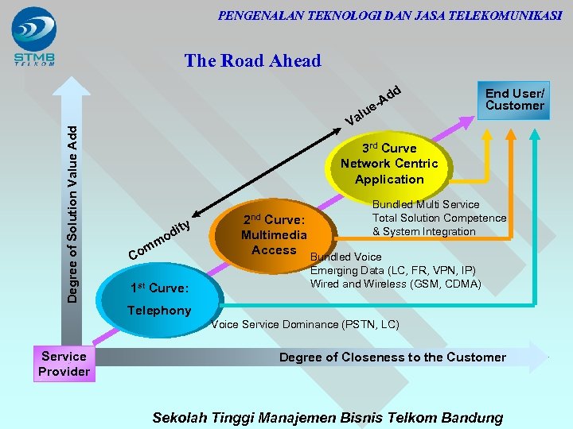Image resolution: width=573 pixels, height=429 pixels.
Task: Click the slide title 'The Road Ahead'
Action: click(x=252, y=60)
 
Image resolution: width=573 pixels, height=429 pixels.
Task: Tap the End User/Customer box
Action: click(x=514, y=99)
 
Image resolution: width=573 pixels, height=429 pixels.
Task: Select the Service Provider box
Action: click(x=64, y=364)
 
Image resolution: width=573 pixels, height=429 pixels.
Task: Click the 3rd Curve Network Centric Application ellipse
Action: click(x=389, y=164)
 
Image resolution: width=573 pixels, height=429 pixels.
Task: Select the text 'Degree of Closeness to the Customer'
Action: click(x=392, y=357)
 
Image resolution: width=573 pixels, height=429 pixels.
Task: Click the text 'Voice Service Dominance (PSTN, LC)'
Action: click(x=306, y=324)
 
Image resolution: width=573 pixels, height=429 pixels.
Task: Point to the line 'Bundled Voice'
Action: click(x=345, y=257)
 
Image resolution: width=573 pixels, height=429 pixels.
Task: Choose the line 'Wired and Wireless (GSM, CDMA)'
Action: click(x=396, y=284)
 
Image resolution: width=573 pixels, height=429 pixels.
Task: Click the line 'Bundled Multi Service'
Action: click(x=426, y=204)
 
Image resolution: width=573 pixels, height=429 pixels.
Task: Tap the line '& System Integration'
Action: click(x=423, y=231)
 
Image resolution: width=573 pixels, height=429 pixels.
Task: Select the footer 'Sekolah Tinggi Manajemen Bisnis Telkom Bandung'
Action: click(x=327, y=417)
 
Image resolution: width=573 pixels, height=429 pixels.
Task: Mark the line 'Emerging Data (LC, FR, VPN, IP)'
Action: click(x=393, y=270)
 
